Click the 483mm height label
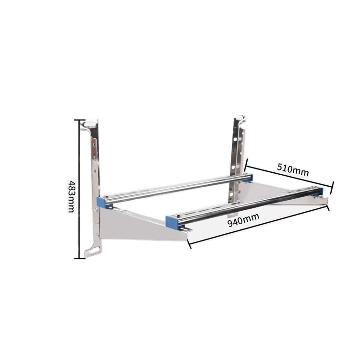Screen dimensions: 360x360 [x=71, y=196]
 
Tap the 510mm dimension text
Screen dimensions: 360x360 [x=292, y=169]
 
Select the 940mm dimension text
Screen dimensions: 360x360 [x=243, y=220]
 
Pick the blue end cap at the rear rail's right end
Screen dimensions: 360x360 [x=251, y=177]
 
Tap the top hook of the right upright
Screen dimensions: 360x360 [x=240, y=119]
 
